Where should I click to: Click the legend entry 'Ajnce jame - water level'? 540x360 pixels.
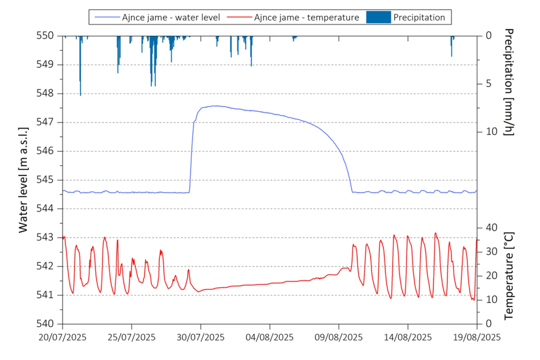coord(171,17)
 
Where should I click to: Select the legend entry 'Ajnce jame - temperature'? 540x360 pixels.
coord(306,17)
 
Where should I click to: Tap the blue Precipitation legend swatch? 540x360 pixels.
coord(378,17)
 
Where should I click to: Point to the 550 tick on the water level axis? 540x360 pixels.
coord(45,35)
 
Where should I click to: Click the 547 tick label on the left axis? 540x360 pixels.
coord(45,122)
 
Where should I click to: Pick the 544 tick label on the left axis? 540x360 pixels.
coord(45,208)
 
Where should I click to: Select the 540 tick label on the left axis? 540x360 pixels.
coord(45,323)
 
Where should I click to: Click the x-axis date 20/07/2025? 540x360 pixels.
coord(62,337)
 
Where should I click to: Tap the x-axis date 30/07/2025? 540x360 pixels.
coord(200,337)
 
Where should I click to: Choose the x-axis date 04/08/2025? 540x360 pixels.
coord(269,337)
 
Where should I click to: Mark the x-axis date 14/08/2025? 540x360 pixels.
coord(408,337)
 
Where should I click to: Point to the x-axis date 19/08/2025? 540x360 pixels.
coord(477,337)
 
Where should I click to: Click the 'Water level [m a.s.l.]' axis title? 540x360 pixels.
coord(23,180)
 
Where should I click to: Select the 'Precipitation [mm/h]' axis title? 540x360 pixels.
coord(509,82)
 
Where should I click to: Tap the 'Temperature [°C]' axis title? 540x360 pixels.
coord(509,276)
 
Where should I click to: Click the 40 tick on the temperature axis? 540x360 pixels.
coord(491,228)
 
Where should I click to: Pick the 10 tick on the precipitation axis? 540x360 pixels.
coord(491,132)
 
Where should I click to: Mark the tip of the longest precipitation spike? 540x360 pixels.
coord(80,95)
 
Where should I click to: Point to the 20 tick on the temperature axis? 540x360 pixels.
coord(491,276)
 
